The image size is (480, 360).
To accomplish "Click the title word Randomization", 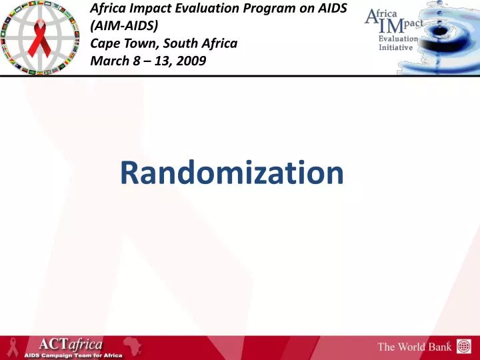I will [232, 173].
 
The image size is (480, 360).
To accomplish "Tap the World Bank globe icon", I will [463, 346].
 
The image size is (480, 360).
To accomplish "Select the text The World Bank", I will [415, 347].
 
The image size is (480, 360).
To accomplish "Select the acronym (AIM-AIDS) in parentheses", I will [124, 27].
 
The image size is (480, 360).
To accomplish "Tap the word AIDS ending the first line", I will [331, 9].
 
